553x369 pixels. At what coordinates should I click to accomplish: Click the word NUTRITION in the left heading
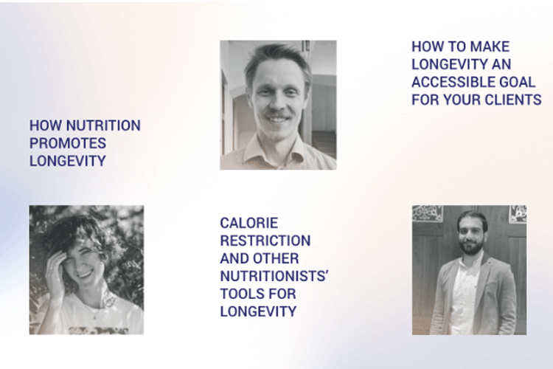[x=103, y=125]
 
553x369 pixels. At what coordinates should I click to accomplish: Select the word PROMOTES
[x=68, y=143]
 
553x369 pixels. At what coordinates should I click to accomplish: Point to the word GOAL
[x=518, y=82]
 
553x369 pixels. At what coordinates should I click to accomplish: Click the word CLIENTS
[x=513, y=100]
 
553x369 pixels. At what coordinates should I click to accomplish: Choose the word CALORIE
[x=249, y=223]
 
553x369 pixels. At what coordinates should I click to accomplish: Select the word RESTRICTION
[x=265, y=241]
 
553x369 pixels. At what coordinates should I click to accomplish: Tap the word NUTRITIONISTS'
[x=274, y=276]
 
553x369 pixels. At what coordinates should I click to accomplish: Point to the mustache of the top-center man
[x=276, y=114]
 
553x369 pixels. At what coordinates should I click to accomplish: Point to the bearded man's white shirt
[x=464, y=294]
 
